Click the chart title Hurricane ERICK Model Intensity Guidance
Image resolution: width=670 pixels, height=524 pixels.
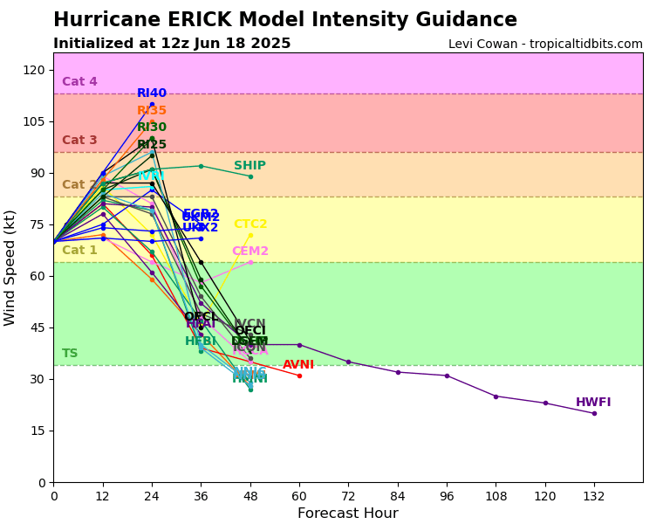(x=284, y=20)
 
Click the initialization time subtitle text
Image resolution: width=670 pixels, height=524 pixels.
(x=172, y=44)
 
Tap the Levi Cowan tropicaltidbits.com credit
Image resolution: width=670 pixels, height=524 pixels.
(x=545, y=44)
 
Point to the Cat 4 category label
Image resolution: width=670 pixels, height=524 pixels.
(x=79, y=82)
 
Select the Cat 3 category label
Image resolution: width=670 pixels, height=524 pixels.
(x=79, y=141)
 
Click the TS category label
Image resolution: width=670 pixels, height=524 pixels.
(x=70, y=354)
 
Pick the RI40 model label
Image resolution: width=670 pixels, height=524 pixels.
(x=152, y=93)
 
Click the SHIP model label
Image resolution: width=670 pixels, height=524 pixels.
(x=250, y=166)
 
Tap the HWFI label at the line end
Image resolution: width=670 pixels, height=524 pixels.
(x=593, y=403)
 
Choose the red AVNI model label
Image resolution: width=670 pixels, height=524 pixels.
(x=298, y=365)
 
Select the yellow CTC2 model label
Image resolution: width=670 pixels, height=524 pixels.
(x=250, y=224)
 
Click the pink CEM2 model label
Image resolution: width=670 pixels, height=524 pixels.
(x=250, y=252)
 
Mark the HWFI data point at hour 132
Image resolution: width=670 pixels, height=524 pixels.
(x=594, y=413)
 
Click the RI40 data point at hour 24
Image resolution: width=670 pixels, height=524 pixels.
(x=152, y=104)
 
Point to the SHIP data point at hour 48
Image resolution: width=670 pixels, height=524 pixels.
(x=250, y=176)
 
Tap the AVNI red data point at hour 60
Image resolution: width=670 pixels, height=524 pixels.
(x=299, y=376)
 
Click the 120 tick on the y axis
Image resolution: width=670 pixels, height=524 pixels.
(x=36, y=70)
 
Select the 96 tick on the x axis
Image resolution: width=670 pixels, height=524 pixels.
(x=447, y=496)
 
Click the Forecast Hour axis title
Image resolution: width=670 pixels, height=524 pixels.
(x=347, y=514)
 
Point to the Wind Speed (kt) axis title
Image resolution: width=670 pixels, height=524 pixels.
(x=10, y=267)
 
